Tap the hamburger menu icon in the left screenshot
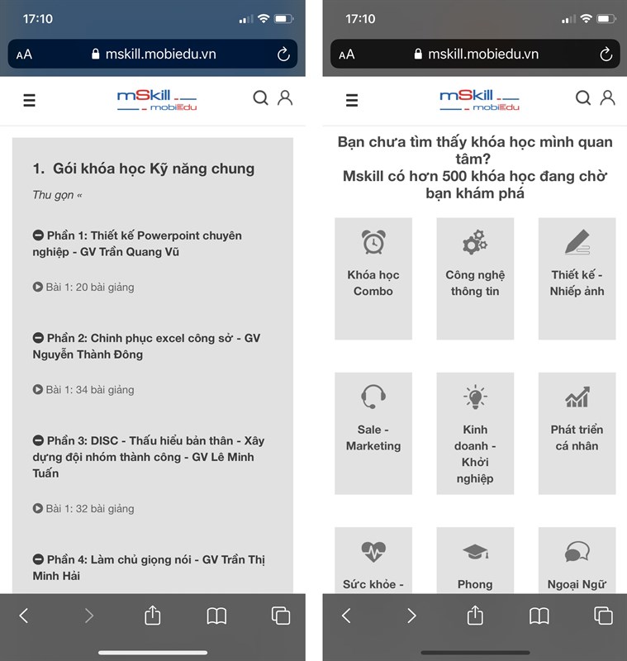tap(29, 100)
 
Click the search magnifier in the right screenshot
tap(583, 97)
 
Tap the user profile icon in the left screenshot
tap(285, 97)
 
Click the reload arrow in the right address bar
tap(606, 54)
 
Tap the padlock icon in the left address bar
tap(96, 54)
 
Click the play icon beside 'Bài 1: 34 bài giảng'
tap(37, 389)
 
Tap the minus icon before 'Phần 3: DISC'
tap(38, 440)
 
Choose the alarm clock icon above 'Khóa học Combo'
tap(373, 242)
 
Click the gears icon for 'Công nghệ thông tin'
tap(475, 242)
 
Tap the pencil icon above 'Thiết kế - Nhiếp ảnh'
tap(577, 242)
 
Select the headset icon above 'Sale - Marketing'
tap(373, 397)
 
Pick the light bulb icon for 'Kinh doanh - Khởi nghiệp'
tap(475, 397)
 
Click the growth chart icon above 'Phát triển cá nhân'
tap(577, 397)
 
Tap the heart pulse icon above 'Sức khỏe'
tap(373, 551)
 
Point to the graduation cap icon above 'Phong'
tap(475, 551)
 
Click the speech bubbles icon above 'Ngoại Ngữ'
tap(577, 551)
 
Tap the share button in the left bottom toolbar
tap(153, 615)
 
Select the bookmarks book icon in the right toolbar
tap(539, 616)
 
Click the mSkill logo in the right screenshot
tap(479, 100)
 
